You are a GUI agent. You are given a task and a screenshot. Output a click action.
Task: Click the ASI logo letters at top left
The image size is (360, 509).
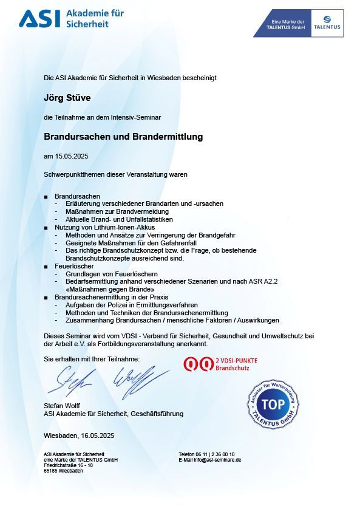click(39, 19)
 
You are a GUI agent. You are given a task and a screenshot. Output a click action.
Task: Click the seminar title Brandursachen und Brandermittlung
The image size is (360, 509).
click(123, 137)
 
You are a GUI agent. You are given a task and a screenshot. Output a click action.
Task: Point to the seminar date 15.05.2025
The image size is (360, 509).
click(72, 156)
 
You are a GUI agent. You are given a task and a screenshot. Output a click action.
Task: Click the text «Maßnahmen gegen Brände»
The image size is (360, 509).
click(107, 289)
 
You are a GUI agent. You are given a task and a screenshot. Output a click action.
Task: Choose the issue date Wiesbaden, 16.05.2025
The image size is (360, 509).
click(79, 436)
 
